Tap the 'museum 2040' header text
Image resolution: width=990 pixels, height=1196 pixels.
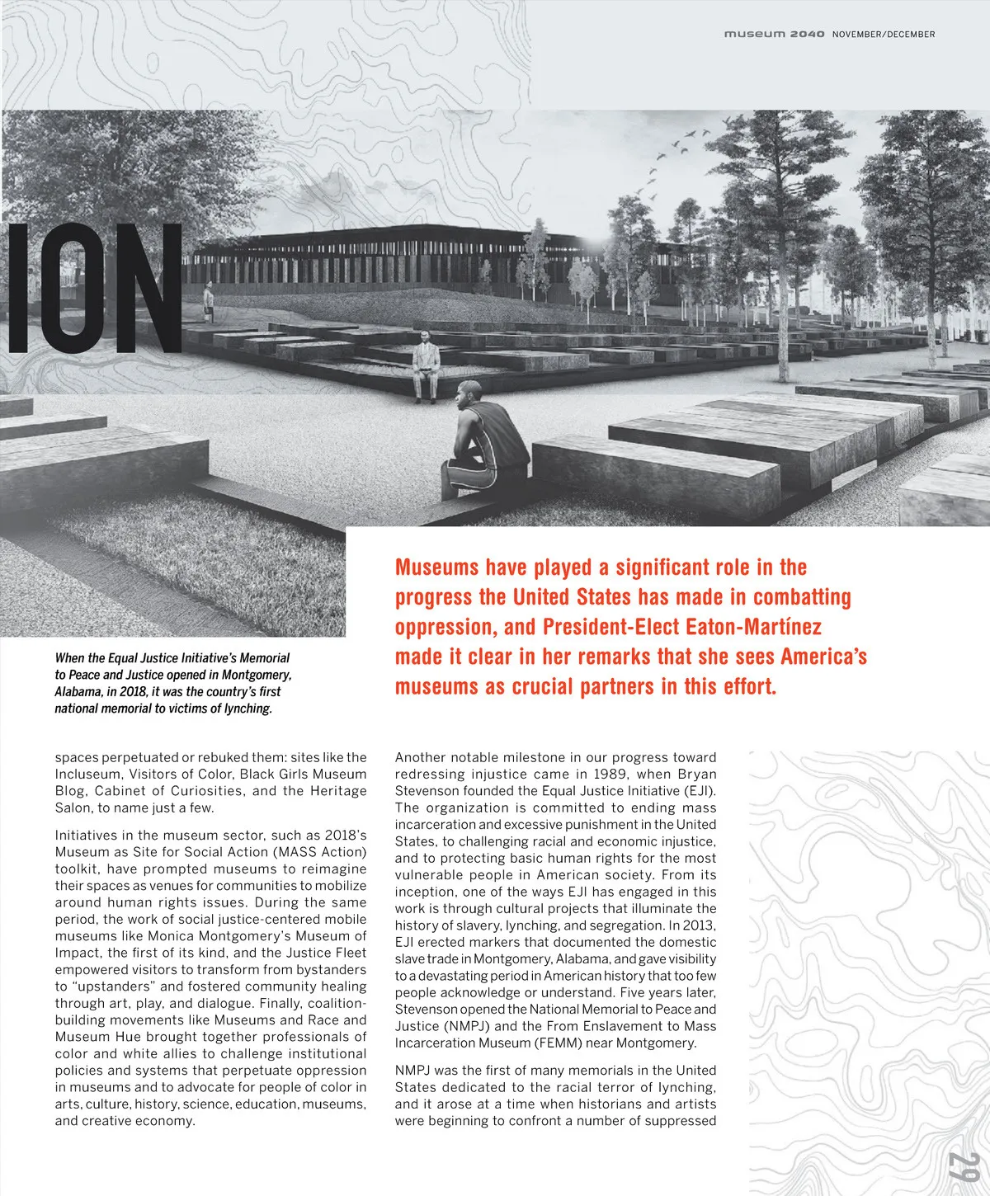coord(773,34)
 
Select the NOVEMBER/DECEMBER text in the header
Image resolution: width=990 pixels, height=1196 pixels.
coord(884,34)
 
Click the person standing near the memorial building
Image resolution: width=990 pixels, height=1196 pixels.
coord(208,303)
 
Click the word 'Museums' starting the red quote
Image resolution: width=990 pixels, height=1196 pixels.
coord(436,567)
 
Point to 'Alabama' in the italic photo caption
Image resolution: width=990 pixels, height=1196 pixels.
coord(78,691)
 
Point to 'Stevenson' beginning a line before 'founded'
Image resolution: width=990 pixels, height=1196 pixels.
coord(429,790)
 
